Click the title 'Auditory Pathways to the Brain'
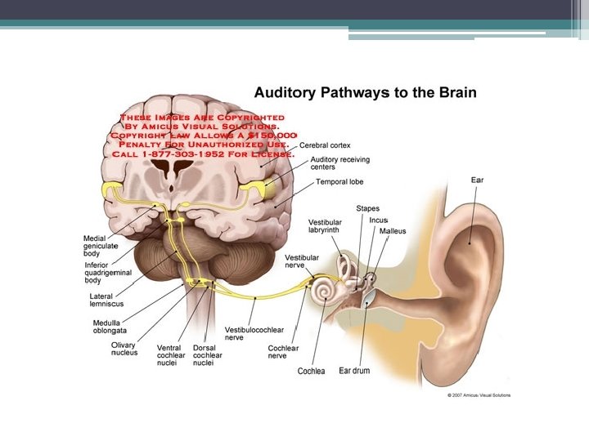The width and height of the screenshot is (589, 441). point(364,92)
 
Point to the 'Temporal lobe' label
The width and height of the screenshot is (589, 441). point(339,181)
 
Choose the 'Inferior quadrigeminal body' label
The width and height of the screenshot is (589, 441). point(107,273)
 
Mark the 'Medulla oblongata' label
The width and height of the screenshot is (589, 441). point(111,327)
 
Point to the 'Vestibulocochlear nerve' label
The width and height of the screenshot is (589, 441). point(254,333)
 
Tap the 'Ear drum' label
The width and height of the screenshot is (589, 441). point(354,371)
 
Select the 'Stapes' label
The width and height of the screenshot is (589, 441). point(367,209)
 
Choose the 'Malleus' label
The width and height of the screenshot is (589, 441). point(392,231)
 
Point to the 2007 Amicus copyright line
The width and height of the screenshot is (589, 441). point(479,395)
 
